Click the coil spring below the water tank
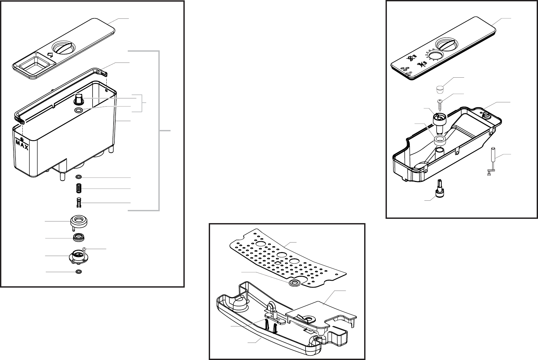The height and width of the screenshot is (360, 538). click(x=78, y=189)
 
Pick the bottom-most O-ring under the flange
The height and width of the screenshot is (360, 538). click(x=78, y=271)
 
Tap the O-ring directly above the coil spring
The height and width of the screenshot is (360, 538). click(x=78, y=177)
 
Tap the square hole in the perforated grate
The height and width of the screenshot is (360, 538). click(x=278, y=263)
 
